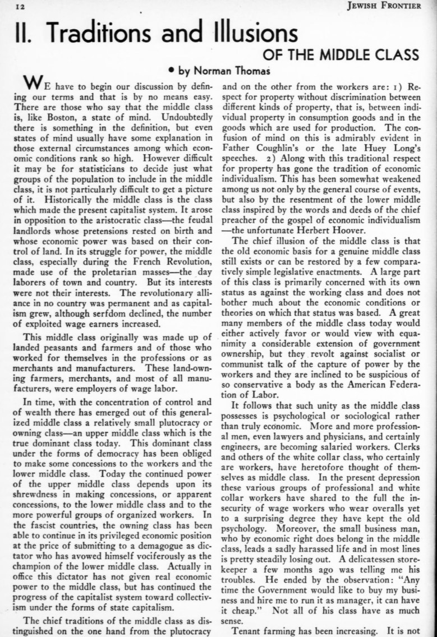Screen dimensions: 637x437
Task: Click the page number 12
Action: tap(11, 6)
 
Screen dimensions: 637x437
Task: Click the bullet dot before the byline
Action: tap(171, 71)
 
